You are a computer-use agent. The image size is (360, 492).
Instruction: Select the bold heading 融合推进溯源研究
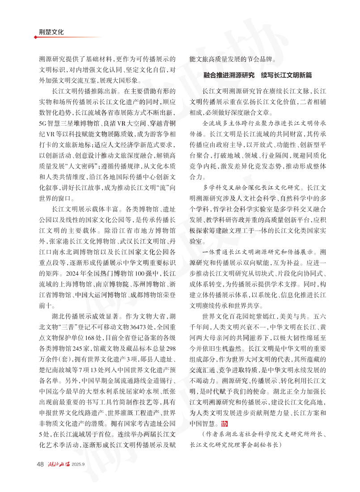231,75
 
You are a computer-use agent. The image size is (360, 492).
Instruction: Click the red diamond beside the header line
35,37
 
